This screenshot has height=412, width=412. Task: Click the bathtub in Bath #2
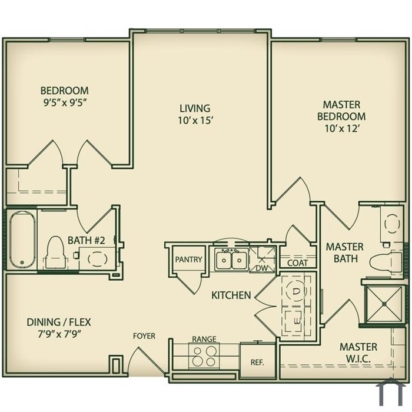coord(22,239)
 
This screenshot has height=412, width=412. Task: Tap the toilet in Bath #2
coord(55,252)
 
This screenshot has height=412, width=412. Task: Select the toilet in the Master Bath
coord(386,262)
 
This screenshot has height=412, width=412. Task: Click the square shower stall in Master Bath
coord(384,304)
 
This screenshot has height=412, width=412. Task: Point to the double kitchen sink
coord(231,260)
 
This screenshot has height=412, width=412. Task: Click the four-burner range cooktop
coord(204,355)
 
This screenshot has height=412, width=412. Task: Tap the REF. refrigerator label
coord(257,363)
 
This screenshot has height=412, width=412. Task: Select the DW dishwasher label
coord(262,268)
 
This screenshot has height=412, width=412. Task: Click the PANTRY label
coord(189,260)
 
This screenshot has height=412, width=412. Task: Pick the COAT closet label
coord(297,263)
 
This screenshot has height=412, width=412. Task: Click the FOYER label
coord(144,336)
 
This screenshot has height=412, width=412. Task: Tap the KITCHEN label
coord(231,295)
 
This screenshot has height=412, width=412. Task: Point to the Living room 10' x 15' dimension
coord(195,120)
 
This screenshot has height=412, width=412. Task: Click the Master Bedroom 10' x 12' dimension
coord(341,128)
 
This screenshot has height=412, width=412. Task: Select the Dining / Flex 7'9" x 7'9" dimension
coord(59,334)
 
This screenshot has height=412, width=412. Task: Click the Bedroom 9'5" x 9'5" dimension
coord(65,102)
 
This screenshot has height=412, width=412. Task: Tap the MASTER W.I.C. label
coord(358,353)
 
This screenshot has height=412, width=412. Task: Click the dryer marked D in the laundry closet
coord(295,291)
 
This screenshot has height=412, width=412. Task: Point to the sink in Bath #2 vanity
coord(98,259)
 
